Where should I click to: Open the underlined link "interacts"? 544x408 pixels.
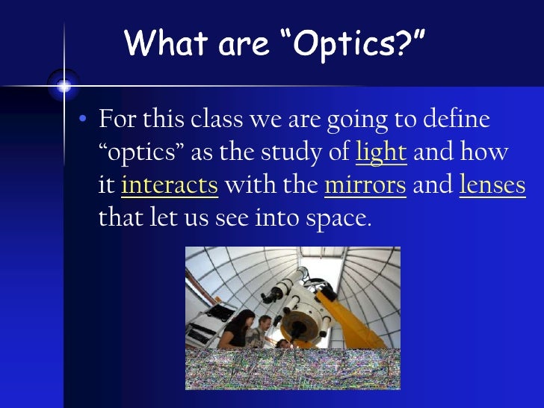(x=169, y=185)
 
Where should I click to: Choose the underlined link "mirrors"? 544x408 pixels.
(x=365, y=185)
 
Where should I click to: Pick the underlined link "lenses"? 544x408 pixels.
(x=492, y=185)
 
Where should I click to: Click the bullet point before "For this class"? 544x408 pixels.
(x=84, y=120)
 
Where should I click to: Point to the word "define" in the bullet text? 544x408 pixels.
(x=460, y=120)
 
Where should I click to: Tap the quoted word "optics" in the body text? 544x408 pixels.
(x=142, y=152)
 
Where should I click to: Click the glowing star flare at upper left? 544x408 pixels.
(x=64, y=87)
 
